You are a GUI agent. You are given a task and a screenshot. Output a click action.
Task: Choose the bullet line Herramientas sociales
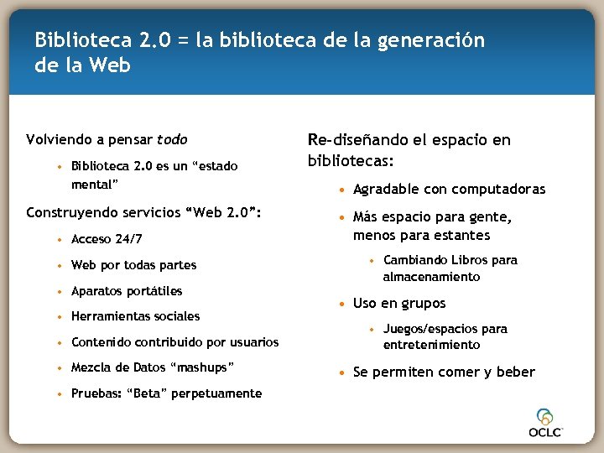(135, 316)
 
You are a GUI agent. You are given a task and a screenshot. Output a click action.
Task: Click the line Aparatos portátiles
(126, 291)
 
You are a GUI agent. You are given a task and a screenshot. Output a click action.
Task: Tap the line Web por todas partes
(133, 265)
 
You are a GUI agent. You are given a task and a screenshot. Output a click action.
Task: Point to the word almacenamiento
(431, 277)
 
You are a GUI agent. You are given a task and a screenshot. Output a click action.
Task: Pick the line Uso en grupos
(399, 303)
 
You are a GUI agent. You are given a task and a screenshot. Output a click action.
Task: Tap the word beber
(515, 372)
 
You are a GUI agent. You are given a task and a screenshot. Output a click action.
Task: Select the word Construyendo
(72, 212)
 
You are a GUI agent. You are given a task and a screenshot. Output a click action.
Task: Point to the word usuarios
(253, 341)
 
